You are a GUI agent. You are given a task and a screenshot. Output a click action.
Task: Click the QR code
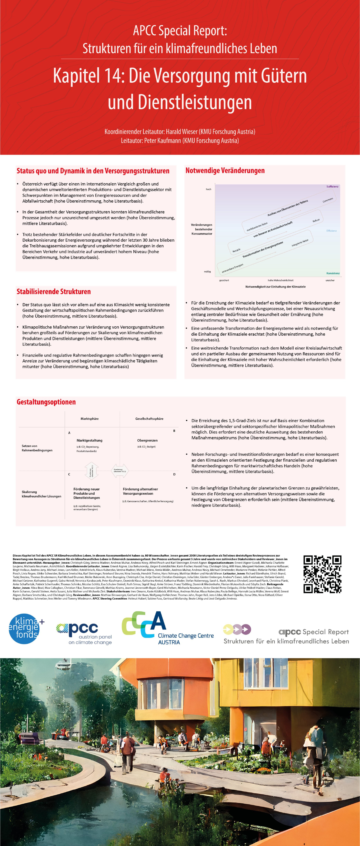coord(322,574)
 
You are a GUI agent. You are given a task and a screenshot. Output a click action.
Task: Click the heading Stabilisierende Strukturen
coord(54,292)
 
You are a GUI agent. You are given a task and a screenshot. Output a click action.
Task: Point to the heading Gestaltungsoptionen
coord(46,402)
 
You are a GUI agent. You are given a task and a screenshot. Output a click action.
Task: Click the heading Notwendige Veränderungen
coord(225,170)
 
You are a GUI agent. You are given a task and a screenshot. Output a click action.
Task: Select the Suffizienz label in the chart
coord(332,187)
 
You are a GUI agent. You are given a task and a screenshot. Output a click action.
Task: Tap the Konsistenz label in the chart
coord(333,273)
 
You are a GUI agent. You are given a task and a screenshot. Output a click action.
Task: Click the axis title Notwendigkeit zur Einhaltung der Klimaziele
coord(275,287)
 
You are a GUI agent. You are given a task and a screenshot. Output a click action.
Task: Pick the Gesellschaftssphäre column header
coord(149,419)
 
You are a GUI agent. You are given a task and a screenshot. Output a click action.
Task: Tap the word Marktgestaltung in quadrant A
coord(89,440)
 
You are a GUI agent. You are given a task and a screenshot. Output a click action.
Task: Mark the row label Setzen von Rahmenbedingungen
coord(37,448)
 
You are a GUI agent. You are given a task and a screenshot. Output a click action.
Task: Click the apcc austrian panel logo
coord(84,633)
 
